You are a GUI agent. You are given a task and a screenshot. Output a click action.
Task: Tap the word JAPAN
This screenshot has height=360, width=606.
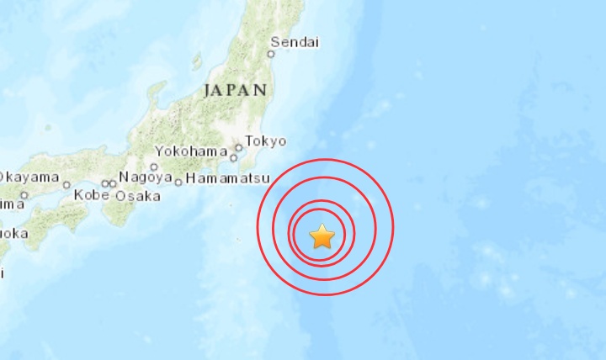click(x=235, y=90)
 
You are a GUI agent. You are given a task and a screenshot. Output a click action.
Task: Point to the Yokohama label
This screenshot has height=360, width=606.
click(x=191, y=152)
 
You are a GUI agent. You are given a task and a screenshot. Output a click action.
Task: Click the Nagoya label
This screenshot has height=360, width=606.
click(x=145, y=177)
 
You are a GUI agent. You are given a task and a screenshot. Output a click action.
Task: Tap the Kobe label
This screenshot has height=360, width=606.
click(x=92, y=196)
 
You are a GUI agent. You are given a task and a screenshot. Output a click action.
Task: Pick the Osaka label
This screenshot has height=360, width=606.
click(x=137, y=196)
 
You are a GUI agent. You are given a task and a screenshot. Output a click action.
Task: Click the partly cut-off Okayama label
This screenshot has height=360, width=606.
click(x=29, y=177)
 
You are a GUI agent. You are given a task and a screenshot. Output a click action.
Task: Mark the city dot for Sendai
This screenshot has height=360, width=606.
click(x=271, y=53)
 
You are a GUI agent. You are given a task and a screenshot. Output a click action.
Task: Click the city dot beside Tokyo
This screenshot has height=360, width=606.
click(x=239, y=147)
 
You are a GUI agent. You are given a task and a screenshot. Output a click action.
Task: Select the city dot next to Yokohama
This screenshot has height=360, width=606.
click(x=233, y=155)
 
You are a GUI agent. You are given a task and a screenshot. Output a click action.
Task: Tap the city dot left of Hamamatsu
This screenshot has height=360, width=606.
click(x=178, y=182)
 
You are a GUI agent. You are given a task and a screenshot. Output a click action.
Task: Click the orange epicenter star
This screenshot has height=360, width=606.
click(x=322, y=236)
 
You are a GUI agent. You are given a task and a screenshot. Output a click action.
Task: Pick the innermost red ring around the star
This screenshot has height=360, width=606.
click(x=322, y=209)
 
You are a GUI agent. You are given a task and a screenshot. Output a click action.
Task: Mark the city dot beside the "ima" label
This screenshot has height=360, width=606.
click(x=24, y=195)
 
